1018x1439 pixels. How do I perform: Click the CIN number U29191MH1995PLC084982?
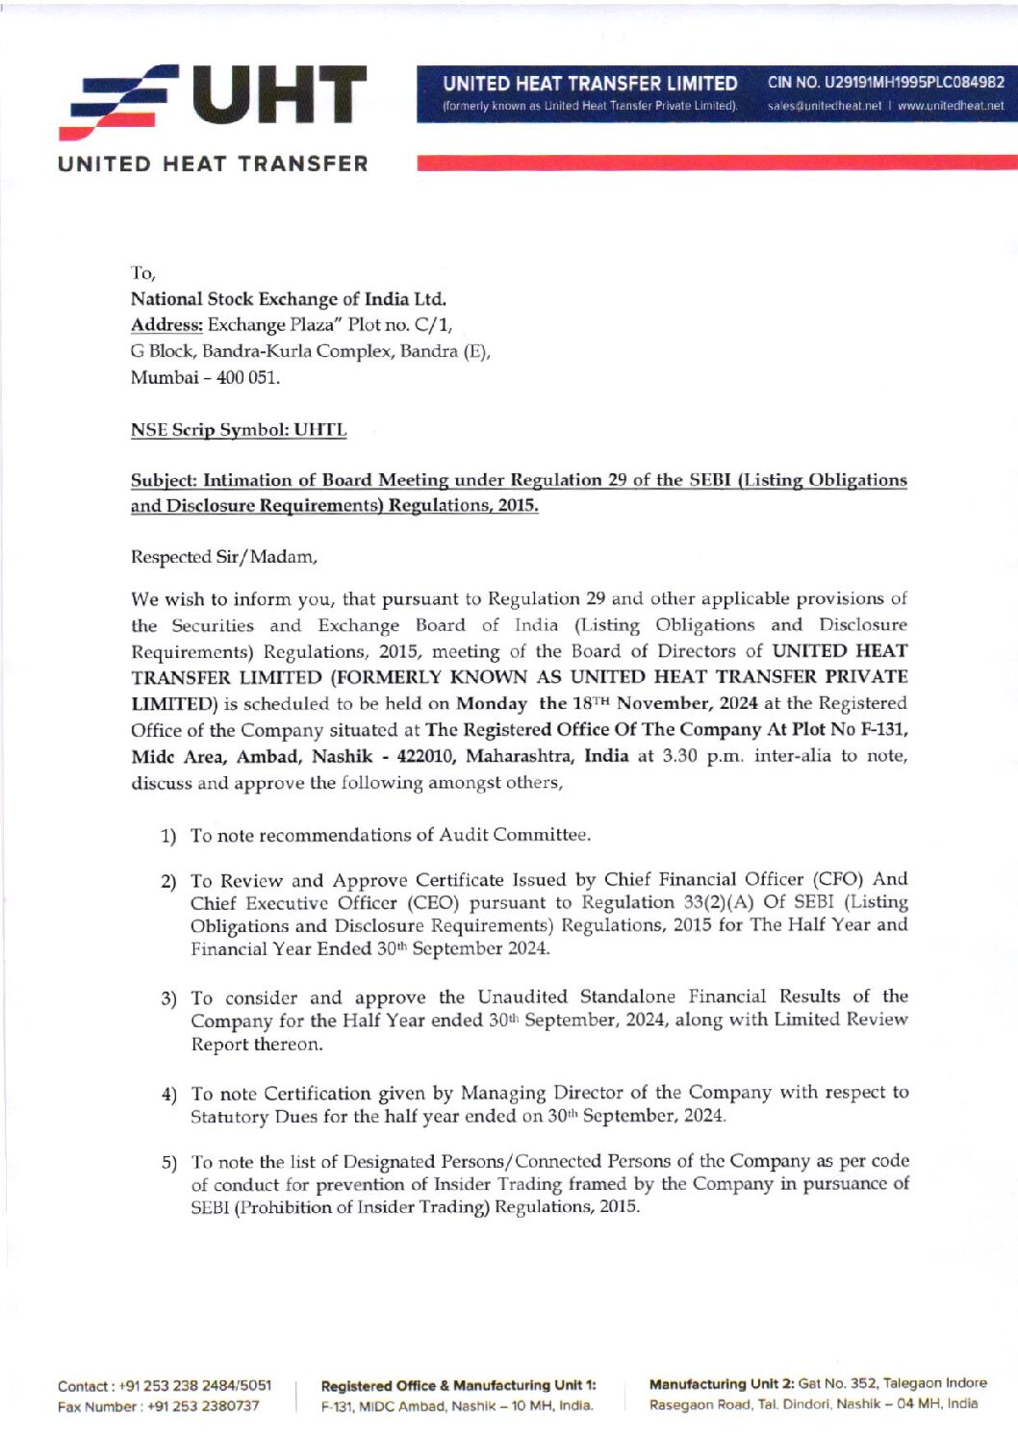click(x=885, y=83)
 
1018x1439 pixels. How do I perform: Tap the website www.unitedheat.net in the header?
click(x=950, y=106)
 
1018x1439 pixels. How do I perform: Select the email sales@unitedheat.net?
click(x=824, y=106)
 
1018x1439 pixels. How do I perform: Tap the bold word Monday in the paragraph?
click(x=491, y=703)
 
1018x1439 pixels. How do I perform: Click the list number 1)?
click(x=168, y=836)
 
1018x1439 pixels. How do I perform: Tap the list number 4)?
click(x=169, y=1095)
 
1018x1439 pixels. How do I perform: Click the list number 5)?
click(x=169, y=1163)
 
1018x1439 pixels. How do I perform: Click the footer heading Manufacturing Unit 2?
click(x=722, y=1384)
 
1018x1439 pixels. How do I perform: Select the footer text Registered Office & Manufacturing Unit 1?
click(x=458, y=1386)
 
